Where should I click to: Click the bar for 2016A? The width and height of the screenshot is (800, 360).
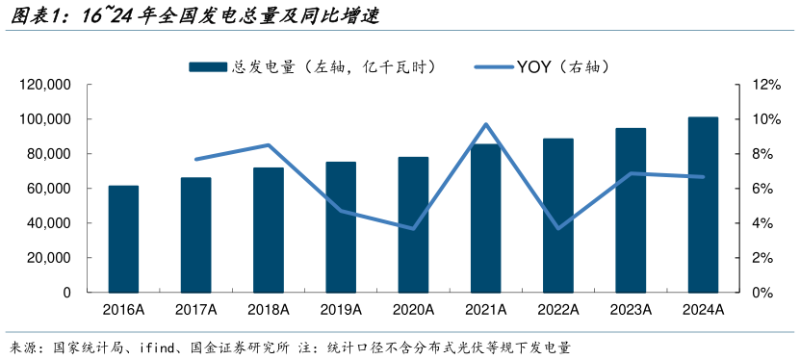[123, 239]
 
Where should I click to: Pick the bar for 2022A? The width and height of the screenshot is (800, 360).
[558, 216]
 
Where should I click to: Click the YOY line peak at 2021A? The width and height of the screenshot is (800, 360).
[486, 124]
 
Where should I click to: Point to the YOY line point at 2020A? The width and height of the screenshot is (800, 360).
[413, 228]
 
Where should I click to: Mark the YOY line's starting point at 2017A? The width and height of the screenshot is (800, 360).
[195, 159]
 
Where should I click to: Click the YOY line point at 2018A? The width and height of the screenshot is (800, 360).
[269, 145]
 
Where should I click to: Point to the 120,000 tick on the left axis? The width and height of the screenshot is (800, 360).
[45, 85]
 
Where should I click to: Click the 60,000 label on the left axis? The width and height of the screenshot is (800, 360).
[49, 189]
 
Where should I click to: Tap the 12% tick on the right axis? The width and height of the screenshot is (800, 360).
[764, 85]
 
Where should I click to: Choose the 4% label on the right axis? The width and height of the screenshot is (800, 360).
[761, 223]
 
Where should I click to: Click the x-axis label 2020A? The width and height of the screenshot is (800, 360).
[413, 309]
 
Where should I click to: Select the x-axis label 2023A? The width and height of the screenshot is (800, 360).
[631, 309]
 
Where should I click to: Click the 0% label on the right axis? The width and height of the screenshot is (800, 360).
[761, 293]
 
